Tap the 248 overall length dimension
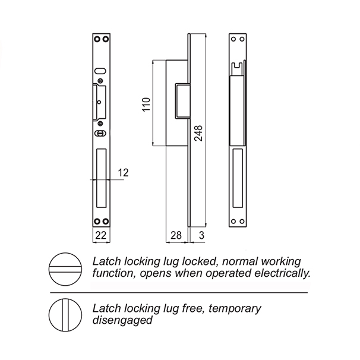(198, 133)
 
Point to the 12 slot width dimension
(123, 172)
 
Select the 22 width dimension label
(101, 236)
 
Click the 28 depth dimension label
(176, 236)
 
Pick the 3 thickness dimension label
(201, 236)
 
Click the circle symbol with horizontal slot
(64, 269)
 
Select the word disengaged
(123, 320)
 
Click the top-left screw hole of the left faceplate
(97, 39)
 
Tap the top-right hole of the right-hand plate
(244, 39)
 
